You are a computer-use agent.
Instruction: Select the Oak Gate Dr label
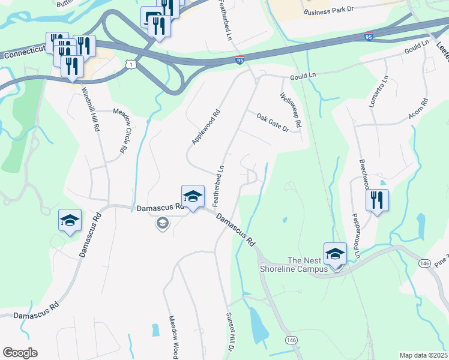point(273,122)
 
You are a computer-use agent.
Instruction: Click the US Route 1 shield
point(130,64)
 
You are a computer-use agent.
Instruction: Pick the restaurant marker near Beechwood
point(377,200)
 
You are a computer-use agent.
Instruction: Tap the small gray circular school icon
point(162,224)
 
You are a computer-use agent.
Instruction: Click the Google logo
point(20,353)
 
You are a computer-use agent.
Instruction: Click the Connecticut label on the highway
point(24,54)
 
